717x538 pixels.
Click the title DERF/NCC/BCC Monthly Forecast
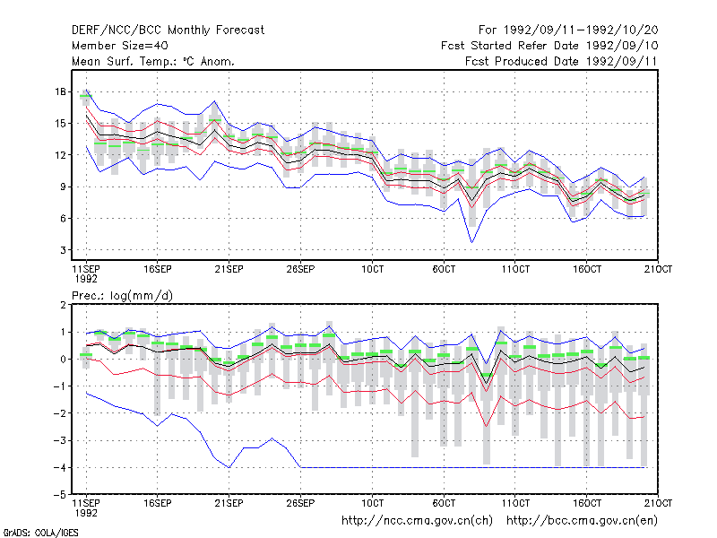coord(168,30)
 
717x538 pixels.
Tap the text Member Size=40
coord(120,46)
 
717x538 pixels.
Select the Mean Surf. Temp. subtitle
coord(152,61)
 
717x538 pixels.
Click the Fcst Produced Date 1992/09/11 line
coord(561,61)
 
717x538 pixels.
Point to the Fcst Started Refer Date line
coord(549,46)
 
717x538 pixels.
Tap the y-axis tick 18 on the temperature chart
coord(60,91)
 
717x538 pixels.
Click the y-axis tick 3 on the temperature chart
coord(63,250)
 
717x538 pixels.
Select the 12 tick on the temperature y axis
coord(60,155)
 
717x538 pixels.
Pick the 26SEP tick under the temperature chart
coord(300,269)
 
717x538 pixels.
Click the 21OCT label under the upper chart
coord(658,269)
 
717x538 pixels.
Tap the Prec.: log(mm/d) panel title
coord(122,296)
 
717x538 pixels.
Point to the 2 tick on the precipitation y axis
coord(63,305)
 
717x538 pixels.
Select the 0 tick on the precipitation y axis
coord(63,360)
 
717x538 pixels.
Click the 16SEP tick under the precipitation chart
coord(158,503)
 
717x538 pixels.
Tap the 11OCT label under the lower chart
coord(515,503)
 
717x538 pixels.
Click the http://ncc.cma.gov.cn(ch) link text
coord(417,521)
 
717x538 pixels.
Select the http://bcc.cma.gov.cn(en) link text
coord(582,521)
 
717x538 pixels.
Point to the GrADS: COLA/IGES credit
coord(40,533)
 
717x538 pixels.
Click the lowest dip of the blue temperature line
coord(472,242)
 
